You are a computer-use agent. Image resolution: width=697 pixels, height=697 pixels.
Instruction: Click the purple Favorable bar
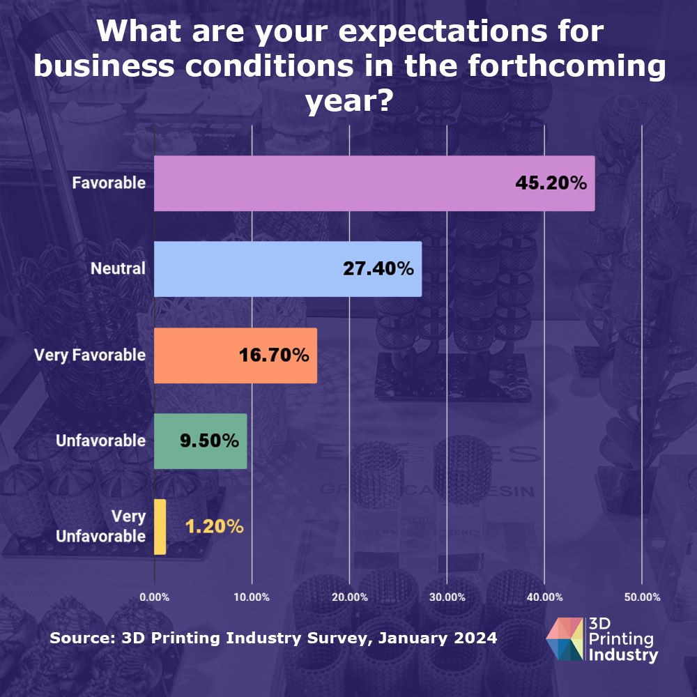click(x=335, y=183)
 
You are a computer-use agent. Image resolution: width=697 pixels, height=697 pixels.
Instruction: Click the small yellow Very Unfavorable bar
click(x=160, y=527)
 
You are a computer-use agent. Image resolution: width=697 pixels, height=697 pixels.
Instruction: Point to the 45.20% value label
click(x=551, y=183)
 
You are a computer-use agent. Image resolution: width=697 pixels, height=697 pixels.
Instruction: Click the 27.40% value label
click(x=378, y=269)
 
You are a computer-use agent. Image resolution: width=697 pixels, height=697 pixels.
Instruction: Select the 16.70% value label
click(x=274, y=355)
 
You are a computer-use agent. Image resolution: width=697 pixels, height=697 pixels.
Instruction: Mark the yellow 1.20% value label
click(x=215, y=527)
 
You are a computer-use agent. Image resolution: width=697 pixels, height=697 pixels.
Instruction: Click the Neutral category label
click(x=118, y=269)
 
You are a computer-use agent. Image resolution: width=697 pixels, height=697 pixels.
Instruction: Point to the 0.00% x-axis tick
click(x=154, y=597)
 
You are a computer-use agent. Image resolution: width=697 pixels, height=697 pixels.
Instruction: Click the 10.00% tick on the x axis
click(x=252, y=597)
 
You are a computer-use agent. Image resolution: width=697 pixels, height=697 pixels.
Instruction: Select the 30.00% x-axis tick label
click(x=447, y=597)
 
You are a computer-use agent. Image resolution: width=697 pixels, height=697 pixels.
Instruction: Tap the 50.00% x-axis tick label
click(x=642, y=597)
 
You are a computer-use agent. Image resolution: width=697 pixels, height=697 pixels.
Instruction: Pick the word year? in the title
click(x=348, y=103)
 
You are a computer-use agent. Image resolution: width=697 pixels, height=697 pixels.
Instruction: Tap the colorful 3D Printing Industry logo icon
click(x=567, y=639)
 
